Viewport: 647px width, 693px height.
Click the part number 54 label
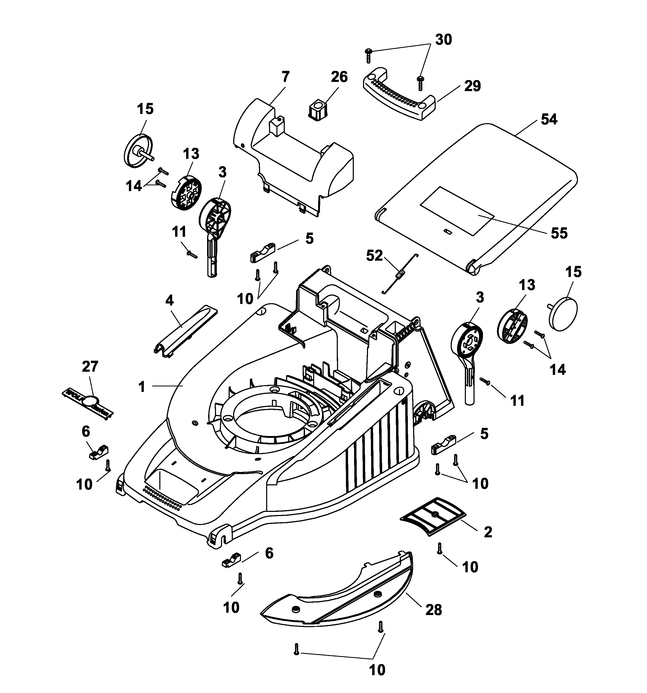549,119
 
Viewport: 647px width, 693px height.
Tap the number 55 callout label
559,233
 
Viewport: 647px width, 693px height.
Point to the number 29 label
472,86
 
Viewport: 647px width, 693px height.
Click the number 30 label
443,40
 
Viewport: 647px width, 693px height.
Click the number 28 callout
434,610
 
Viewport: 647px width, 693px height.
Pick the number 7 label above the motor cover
285,77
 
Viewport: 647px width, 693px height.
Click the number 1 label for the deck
141,387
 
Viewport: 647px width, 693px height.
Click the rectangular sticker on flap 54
457,211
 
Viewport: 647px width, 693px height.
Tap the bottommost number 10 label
377,670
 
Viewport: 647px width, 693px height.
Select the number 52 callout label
374,256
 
